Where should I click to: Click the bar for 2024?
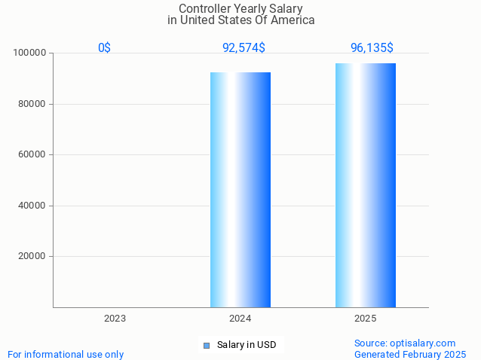240,189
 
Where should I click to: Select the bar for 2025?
366,185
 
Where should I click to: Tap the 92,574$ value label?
244,47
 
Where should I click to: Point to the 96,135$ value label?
372,47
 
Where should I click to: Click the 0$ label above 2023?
105,47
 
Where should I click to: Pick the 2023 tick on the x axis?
115,319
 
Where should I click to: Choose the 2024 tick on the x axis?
240,319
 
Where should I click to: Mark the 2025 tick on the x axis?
366,319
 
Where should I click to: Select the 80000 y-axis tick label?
32,104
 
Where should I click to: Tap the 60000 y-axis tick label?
32,154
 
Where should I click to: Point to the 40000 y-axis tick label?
32,206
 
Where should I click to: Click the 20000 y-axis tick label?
32,256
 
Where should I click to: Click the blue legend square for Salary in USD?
207,346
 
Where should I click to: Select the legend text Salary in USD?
247,345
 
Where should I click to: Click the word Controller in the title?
205,8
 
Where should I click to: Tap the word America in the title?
290,20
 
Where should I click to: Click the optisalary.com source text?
405,343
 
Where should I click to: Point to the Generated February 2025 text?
410,354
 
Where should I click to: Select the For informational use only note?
66,354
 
